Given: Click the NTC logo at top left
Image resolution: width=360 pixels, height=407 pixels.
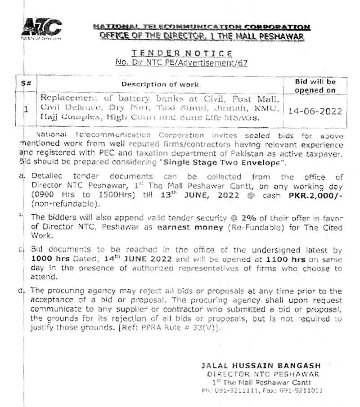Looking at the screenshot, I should (x=41, y=28).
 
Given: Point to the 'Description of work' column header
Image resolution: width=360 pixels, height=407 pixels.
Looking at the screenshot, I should (x=160, y=84).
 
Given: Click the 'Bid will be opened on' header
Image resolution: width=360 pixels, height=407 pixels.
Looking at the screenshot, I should (x=315, y=86).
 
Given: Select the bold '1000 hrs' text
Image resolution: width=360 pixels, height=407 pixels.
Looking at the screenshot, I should (x=48, y=259).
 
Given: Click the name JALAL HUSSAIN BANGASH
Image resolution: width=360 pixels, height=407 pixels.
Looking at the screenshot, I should (x=261, y=366).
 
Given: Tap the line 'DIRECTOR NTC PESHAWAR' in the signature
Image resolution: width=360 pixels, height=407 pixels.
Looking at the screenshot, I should (x=264, y=374).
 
